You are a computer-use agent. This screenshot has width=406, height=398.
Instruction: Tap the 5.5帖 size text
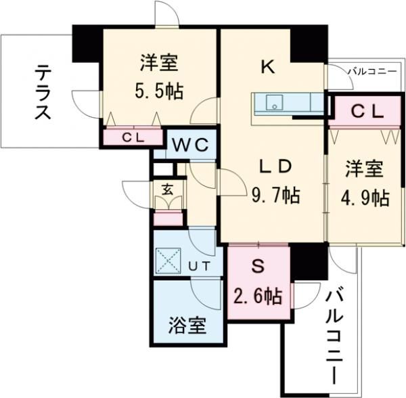tap(159, 91)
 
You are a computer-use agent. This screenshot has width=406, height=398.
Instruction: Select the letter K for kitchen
tap(267, 66)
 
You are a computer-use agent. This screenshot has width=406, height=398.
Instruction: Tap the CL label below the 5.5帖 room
tap(133, 137)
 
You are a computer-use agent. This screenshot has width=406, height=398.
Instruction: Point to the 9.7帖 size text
tap(276, 196)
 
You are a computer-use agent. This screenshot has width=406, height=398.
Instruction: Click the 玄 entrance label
tap(168, 189)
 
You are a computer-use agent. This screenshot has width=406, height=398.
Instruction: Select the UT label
tap(198, 267)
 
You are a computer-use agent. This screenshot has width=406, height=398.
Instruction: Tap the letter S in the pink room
tap(257, 266)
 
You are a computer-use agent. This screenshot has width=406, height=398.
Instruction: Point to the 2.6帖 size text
tap(257, 296)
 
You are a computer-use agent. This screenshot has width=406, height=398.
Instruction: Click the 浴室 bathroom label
tap(187, 326)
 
